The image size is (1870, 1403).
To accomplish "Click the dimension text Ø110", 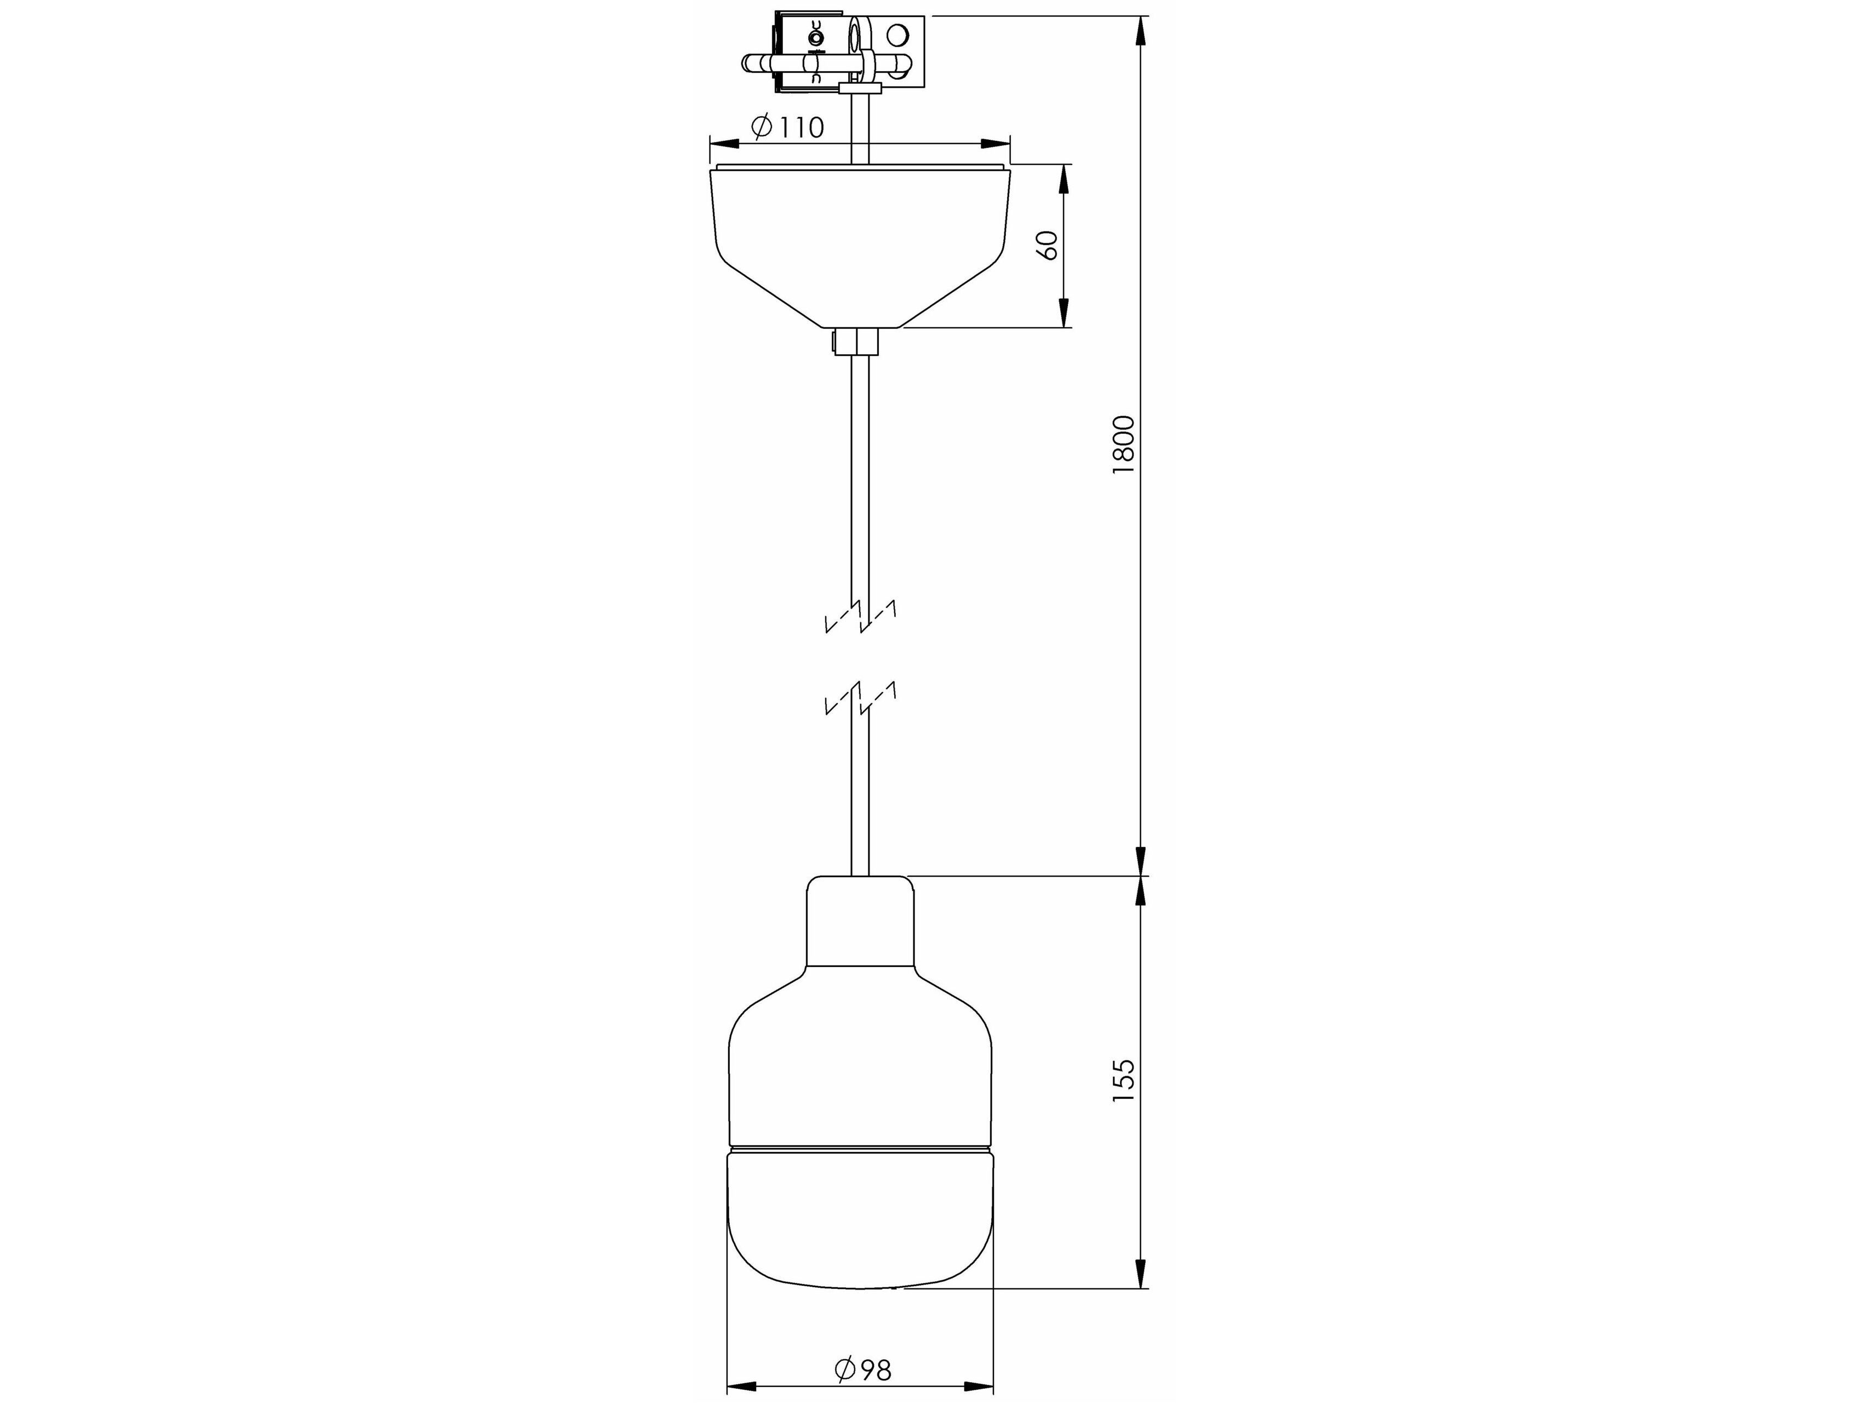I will pyautogui.click(x=787, y=127).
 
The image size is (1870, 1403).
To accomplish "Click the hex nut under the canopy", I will pyautogui.click(x=856, y=342).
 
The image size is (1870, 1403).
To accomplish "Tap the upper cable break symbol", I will pyautogui.click(x=860, y=617).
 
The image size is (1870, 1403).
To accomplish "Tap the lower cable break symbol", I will pyautogui.click(x=860, y=698).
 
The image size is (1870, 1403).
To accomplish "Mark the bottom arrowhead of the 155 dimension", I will pyautogui.click(x=1140, y=1273).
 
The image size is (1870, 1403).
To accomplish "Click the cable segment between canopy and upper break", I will pyautogui.click(x=860, y=474).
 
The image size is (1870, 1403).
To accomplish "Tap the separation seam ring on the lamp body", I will pyautogui.click(x=860, y=1149).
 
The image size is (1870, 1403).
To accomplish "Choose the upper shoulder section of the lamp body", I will pyautogui.click(x=860, y=1040).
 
